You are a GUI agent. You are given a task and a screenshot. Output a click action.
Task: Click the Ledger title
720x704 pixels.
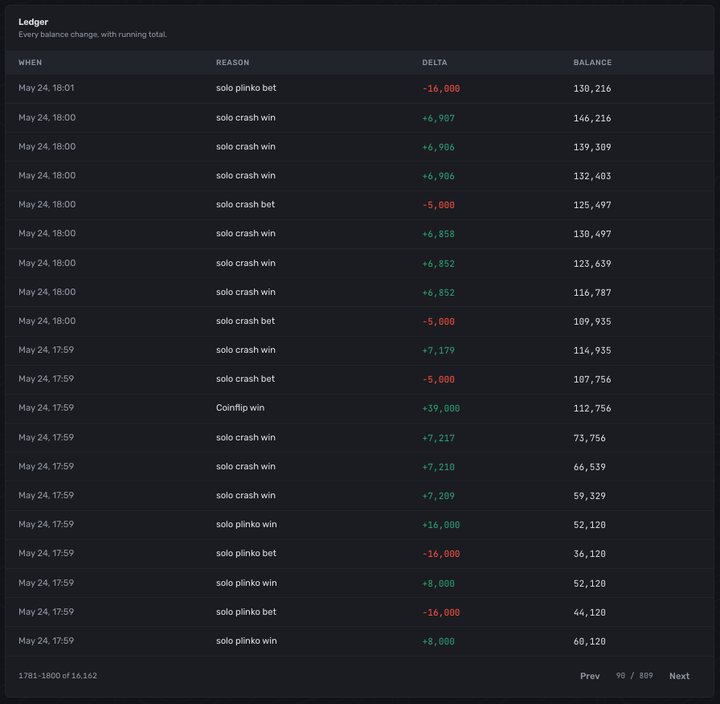(x=33, y=22)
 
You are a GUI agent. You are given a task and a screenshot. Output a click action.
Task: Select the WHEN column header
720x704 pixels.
(x=31, y=63)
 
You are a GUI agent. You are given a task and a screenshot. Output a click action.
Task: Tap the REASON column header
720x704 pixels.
(x=233, y=63)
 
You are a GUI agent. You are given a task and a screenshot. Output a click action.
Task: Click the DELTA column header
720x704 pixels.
(x=435, y=63)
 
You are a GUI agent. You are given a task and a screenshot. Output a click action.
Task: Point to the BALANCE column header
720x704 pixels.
(x=592, y=63)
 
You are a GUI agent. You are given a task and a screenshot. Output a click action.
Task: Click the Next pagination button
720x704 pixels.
(x=679, y=676)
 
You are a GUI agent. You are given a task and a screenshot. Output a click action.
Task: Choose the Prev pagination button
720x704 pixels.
(x=590, y=676)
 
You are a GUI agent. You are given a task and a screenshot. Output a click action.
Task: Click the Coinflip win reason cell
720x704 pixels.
(x=240, y=407)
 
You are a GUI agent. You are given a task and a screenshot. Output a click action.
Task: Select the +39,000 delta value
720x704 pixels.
(x=441, y=408)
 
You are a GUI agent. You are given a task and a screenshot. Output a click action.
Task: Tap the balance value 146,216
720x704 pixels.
(x=592, y=118)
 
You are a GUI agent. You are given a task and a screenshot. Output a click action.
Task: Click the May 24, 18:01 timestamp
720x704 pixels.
(x=46, y=88)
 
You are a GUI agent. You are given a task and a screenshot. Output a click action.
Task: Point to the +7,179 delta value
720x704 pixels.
(x=439, y=350)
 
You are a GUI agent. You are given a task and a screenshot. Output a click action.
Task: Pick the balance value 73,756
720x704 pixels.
(x=590, y=438)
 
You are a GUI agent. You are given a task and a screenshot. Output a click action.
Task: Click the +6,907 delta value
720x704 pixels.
(x=439, y=118)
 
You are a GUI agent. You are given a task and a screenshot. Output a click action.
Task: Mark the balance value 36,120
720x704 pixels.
(x=590, y=554)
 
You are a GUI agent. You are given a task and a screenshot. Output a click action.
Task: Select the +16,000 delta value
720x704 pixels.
(x=441, y=525)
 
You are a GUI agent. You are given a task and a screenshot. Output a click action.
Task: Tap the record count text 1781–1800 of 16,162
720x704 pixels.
(x=58, y=676)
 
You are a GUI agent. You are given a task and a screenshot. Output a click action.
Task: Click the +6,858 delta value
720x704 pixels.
(x=439, y=234)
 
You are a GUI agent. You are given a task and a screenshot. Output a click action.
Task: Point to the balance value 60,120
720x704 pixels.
(x=590, y=641)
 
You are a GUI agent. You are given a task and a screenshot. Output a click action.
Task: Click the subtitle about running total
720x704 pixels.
(x=92, y=35)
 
